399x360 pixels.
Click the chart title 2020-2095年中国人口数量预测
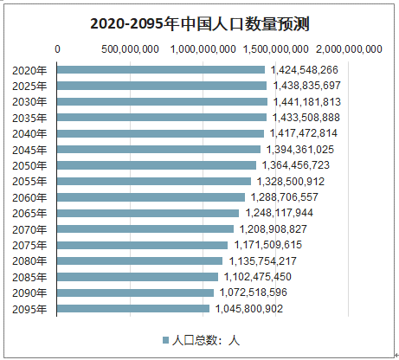pos(199,23)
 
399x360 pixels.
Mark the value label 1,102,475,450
pos(257,277)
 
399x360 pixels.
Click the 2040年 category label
pos(30,133)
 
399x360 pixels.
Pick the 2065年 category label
pos(30,213)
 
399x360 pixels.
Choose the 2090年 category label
pos(30,292)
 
